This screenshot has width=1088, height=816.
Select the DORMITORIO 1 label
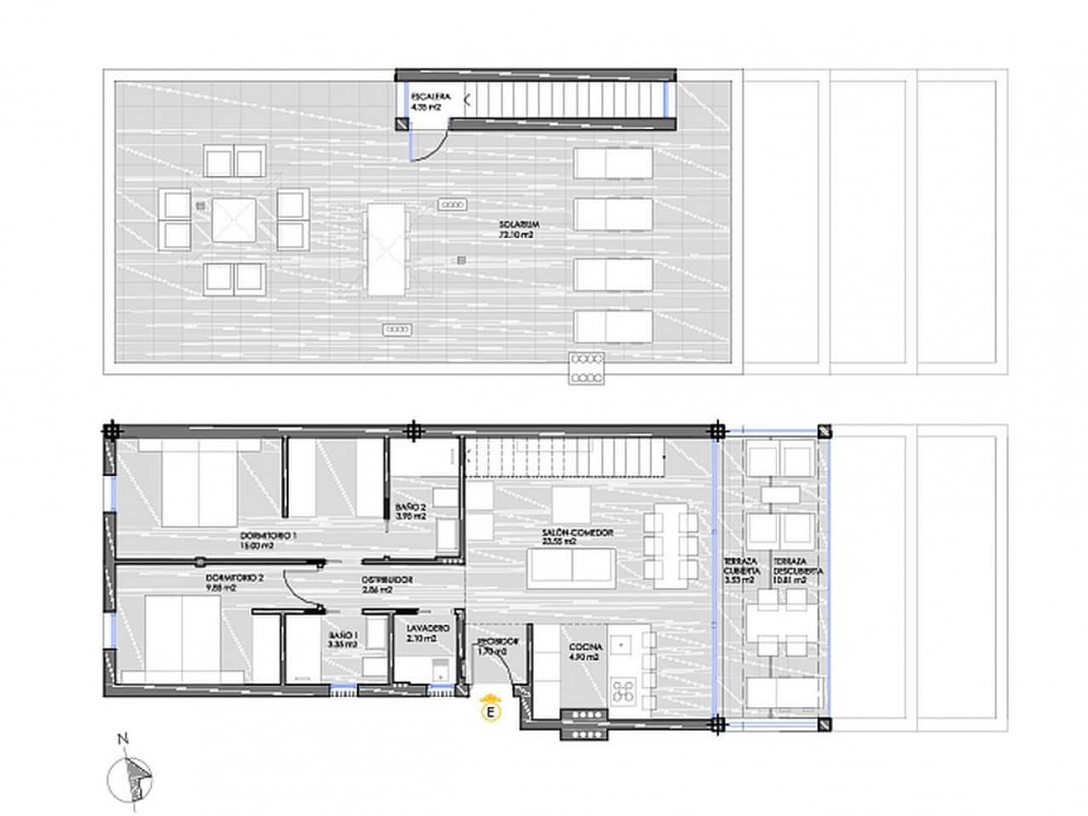269,541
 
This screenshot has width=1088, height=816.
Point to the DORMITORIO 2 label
235,581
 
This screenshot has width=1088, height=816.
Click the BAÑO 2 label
411,513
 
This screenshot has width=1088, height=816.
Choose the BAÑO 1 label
343,639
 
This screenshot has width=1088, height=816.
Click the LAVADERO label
422,632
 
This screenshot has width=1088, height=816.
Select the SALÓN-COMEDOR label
577,537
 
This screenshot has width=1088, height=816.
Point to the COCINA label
586,651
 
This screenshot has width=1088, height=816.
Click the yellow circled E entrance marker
490,711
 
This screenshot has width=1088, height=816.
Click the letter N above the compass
123,738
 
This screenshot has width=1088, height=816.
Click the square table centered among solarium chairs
234,220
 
